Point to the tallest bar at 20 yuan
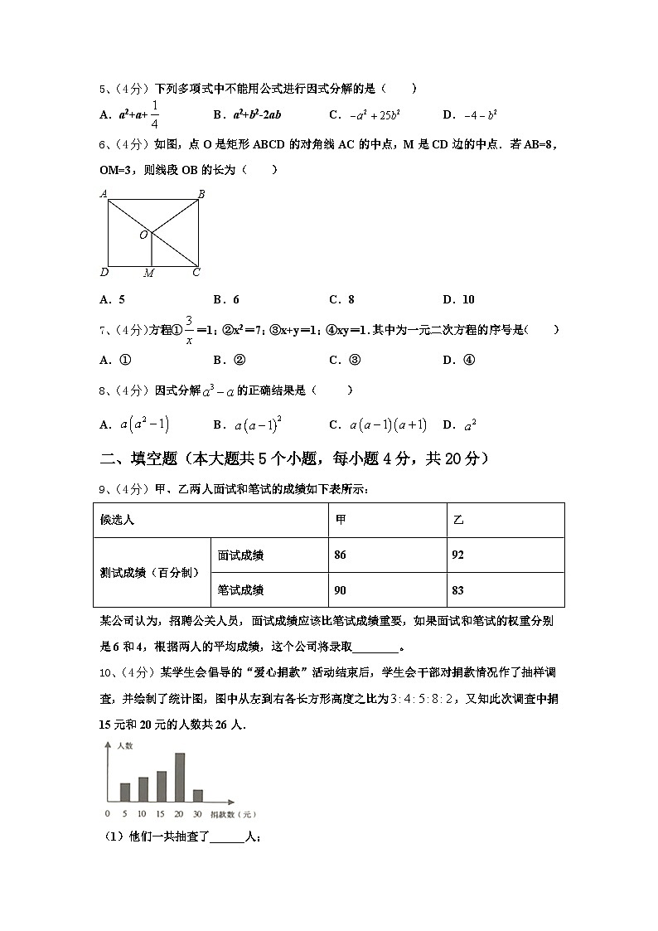(180, 777)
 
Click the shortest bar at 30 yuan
(198, 795)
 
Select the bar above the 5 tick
(125, 792)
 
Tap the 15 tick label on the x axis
(162, 812)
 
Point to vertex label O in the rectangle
(143, 235)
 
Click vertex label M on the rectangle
(148, 273)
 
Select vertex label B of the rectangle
(201, 194)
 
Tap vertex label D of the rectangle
(104, 272)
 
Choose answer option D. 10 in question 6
(458, 299)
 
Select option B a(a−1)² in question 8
(249, 424)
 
